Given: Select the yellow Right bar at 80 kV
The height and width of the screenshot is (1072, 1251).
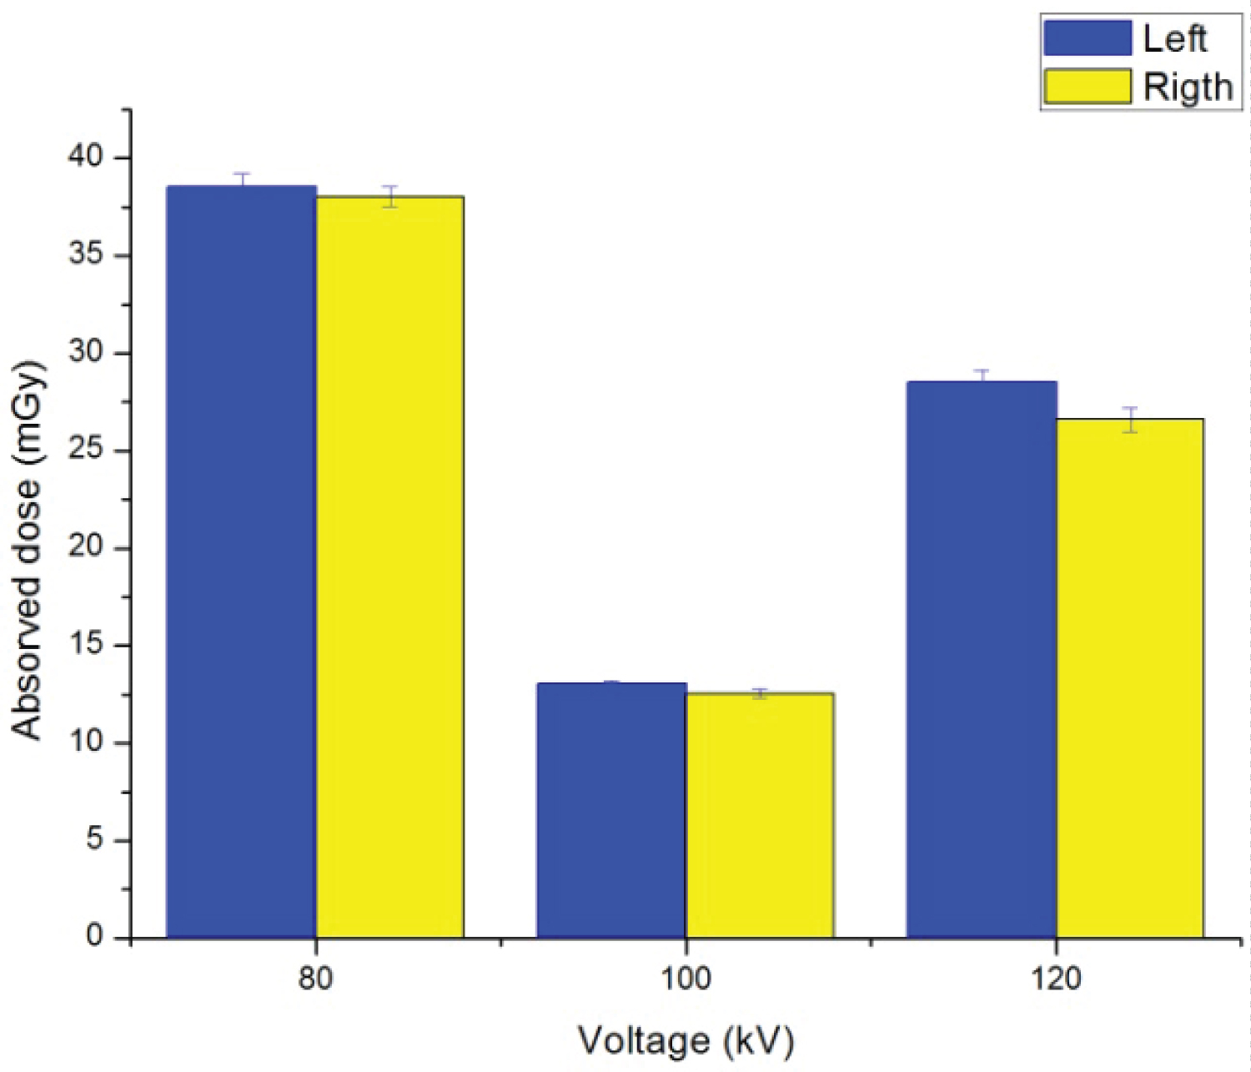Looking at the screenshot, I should click(389, 566).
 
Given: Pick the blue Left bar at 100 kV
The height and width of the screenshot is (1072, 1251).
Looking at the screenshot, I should click(611, 810).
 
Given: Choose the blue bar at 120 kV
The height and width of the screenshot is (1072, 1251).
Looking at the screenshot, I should click(982, 659).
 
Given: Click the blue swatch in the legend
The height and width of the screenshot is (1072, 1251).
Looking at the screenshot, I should click(1087, 38).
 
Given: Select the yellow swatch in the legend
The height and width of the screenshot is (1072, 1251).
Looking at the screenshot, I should click(1087, 87).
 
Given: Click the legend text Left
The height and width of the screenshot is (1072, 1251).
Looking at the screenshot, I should click(1174, 39).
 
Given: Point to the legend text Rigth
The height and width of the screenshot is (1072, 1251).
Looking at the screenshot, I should click(1187, 88).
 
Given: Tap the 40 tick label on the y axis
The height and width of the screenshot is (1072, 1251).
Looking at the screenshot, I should click(85, 157).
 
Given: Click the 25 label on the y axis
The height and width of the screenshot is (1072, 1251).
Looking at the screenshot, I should click(85, 450).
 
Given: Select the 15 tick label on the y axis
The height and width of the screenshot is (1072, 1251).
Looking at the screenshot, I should click(85, 645).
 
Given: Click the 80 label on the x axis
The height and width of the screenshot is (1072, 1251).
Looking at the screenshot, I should click(315, 978).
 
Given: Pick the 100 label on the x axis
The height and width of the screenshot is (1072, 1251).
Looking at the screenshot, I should click(686, 978).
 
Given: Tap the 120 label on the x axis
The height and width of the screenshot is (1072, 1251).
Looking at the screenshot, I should click(1056, 978).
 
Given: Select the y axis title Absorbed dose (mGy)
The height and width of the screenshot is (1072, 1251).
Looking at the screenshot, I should click(27, 551).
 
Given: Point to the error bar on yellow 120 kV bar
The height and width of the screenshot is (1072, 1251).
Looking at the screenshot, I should click(1130, 420).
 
